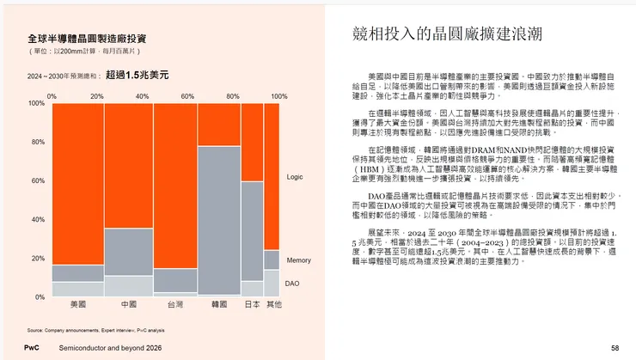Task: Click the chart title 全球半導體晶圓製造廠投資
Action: click(x=87, y=40)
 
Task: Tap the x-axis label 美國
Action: click(x=77, y=304)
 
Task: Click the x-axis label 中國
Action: click(x=128, y=304)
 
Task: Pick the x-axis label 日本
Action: click(x=252, y=304)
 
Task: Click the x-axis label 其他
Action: click(x=273, y=304)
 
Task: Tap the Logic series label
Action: click(x=295, y=177)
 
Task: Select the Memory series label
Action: click(x=299, y=259)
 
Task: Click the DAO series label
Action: click(x=293, y=283)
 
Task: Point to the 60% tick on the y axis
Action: click(x=37, y=181)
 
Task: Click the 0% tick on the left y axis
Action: click(x=39, y=297)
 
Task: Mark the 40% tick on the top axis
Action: click(x=143, y=95)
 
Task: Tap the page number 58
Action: click(x=615, y=348)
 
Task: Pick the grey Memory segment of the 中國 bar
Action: click(x=128, y=252)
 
